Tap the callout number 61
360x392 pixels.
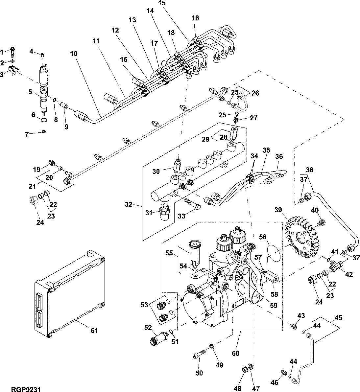pos(94,331)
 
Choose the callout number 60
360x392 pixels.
pos(235,354)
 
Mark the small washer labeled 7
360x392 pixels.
pos(44,132)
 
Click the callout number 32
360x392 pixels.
pos(129,205)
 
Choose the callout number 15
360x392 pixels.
pos(162,3)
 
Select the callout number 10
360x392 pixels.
pos(74,53)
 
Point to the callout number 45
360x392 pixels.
pos(338,318)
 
